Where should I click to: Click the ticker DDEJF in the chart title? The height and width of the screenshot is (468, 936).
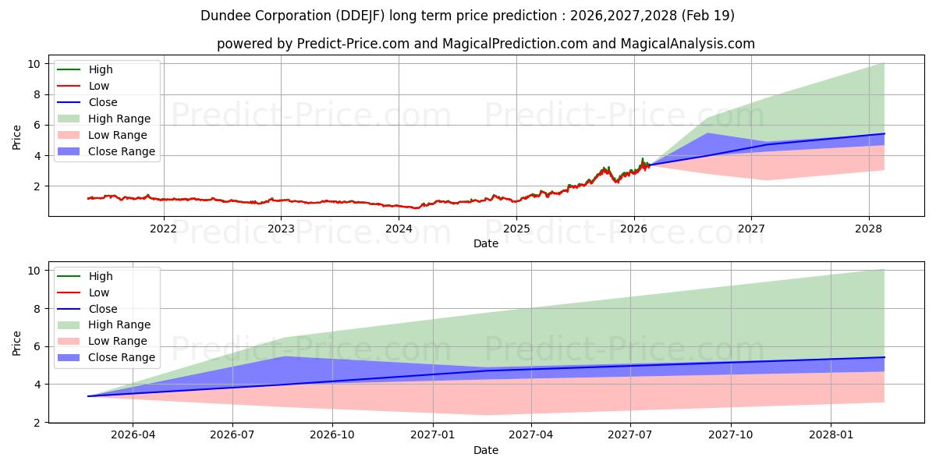(x=360, y=16)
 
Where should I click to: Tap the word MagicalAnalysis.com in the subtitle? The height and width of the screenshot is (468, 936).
(x=687, y=44)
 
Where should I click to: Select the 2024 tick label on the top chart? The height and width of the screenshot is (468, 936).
(x=399, y=229)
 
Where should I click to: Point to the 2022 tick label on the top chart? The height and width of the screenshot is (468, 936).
(x=163, y=229)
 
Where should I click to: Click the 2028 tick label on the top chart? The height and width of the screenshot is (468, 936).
(x=869, y=229)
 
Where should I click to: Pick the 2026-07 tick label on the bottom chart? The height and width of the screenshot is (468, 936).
(x=232, y=434)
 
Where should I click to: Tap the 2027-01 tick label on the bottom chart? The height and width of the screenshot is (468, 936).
(x=432, y=434)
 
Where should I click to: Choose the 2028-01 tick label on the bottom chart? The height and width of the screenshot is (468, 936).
(x=831, y=434)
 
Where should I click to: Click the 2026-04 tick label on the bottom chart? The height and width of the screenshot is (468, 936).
(x=133, y=434)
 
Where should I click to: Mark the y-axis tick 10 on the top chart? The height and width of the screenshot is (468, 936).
(x=34, y=64)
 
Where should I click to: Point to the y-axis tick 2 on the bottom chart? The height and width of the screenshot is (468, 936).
(x=37, y=423)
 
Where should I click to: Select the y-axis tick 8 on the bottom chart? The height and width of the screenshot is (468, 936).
(x=37, y=309)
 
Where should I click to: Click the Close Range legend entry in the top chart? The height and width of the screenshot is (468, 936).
(x=106, y=151)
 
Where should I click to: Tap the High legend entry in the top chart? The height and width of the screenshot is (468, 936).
(x=85, y=69)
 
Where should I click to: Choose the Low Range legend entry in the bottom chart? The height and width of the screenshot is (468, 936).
(x=102, y=341)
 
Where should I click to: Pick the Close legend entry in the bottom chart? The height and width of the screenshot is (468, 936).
(x=87, y=309)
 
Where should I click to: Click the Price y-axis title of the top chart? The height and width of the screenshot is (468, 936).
(x=16, y=137)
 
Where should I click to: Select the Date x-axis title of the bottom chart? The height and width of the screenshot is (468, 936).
(x=485, y=450)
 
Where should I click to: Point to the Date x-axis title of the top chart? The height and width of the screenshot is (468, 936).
(x=485, y=243)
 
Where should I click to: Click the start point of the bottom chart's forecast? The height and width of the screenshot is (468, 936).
(x=88, y=396)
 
